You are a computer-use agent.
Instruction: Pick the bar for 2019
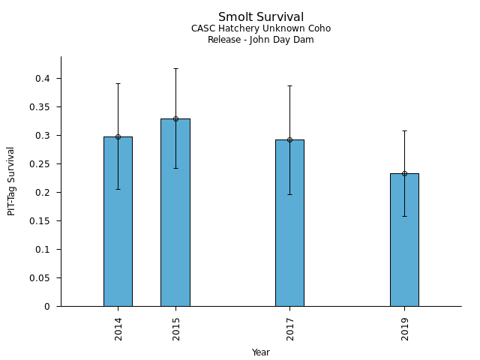coord(404,240)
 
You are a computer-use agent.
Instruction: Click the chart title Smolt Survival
coord(261,17)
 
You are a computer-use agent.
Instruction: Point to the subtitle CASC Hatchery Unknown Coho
coord(261,28)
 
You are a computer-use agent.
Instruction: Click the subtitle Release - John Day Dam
coord(261,40)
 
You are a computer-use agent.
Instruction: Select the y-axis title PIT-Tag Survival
coord(11,181)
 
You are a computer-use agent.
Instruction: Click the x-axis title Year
coord(261,352)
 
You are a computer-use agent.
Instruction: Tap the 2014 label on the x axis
coord(118,328)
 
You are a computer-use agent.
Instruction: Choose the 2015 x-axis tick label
coord(176,328)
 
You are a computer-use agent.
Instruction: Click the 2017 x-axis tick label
coord(290,328)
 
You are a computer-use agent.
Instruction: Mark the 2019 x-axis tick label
coord(405,328)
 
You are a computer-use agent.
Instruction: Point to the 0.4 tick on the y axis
coord(46,79)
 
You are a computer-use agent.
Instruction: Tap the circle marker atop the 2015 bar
coord(175,118)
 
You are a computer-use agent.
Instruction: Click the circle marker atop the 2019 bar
coord(404,173)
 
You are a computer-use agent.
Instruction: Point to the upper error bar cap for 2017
coord(289,85)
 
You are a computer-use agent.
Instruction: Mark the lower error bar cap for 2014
coord(118,189)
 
